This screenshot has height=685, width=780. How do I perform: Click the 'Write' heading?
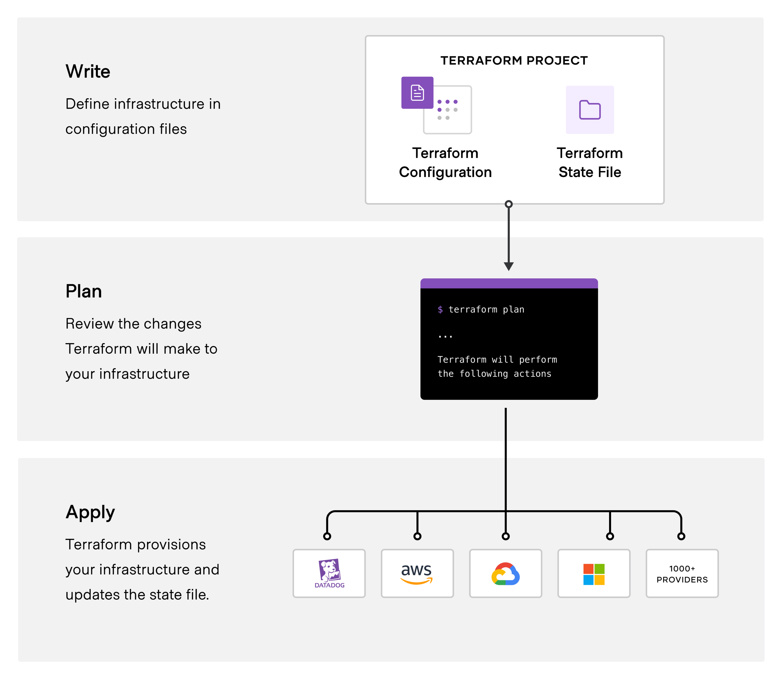click(x=88, y=71)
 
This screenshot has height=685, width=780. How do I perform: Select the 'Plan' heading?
click(x=84, y=291)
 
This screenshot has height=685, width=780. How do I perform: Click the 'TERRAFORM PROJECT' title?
click(x=514, y=60)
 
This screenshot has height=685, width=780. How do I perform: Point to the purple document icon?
click(x=417, y=93)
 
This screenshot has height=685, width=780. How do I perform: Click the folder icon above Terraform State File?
click(x=590, y=110)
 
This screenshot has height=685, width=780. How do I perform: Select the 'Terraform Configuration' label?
click(x=445, y=163)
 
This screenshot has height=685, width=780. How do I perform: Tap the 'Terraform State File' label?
click(x=590, y=163)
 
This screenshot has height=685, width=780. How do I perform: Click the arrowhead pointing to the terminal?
click(x=509, y=266)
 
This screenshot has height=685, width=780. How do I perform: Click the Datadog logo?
click(x=329, y=573)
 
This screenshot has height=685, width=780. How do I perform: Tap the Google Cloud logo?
click(x=506, y=573)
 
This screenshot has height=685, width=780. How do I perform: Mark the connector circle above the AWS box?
click(x=418, y=536)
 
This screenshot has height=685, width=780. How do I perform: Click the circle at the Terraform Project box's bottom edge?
click(x=509, y=204)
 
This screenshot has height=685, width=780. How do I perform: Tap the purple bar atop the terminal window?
click(x=509, y=283)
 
